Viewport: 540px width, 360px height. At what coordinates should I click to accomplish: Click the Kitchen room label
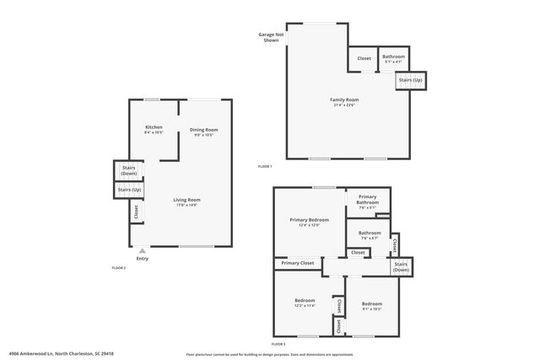[154, 129]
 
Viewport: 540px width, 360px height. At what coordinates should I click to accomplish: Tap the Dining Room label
[206, 132]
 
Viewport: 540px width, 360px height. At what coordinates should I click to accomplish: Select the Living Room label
[187, 201]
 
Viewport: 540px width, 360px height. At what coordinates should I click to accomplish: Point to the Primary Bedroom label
[309, 222]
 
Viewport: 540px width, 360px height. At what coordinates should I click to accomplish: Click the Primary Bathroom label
[368, 201]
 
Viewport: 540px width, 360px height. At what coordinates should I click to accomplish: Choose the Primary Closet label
[297, 263]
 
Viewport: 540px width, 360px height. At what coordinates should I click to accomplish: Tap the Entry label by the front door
[142, 258]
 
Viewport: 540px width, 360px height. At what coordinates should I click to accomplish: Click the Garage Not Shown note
[268, 37]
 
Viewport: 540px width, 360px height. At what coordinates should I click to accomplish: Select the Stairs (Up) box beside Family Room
[411, 80]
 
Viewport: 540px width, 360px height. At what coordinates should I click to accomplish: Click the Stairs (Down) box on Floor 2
[128, 170]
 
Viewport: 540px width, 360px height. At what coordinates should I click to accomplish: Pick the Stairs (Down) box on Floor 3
[401, 266]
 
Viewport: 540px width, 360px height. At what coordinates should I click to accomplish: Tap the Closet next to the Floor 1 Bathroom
[364, 58]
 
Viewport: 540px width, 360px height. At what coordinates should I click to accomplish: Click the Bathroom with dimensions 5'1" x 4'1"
[393, 59]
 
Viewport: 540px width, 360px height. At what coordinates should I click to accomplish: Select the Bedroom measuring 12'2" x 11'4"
[305, 304]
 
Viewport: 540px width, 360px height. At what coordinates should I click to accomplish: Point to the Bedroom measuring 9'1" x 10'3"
[371, 306]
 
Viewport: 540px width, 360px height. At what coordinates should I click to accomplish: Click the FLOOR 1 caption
[265, 167]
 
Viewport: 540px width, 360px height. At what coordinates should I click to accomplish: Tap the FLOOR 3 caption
[278, 345]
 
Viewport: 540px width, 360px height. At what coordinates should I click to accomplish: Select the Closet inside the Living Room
[136, 212]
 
